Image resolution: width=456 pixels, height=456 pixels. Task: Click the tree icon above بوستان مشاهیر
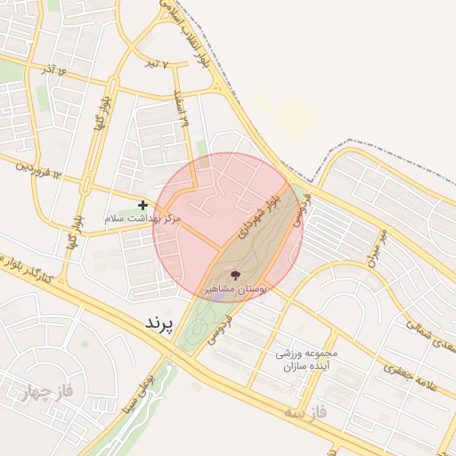point(235,274)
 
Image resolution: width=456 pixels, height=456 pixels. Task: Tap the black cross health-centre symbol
point(142,205)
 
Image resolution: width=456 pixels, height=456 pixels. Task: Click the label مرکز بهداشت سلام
point(142,218)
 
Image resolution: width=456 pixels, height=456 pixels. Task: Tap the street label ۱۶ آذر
point(49,69)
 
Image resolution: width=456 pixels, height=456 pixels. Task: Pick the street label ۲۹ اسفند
point(182,109)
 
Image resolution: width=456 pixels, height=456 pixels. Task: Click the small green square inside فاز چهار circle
point(85,343)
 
